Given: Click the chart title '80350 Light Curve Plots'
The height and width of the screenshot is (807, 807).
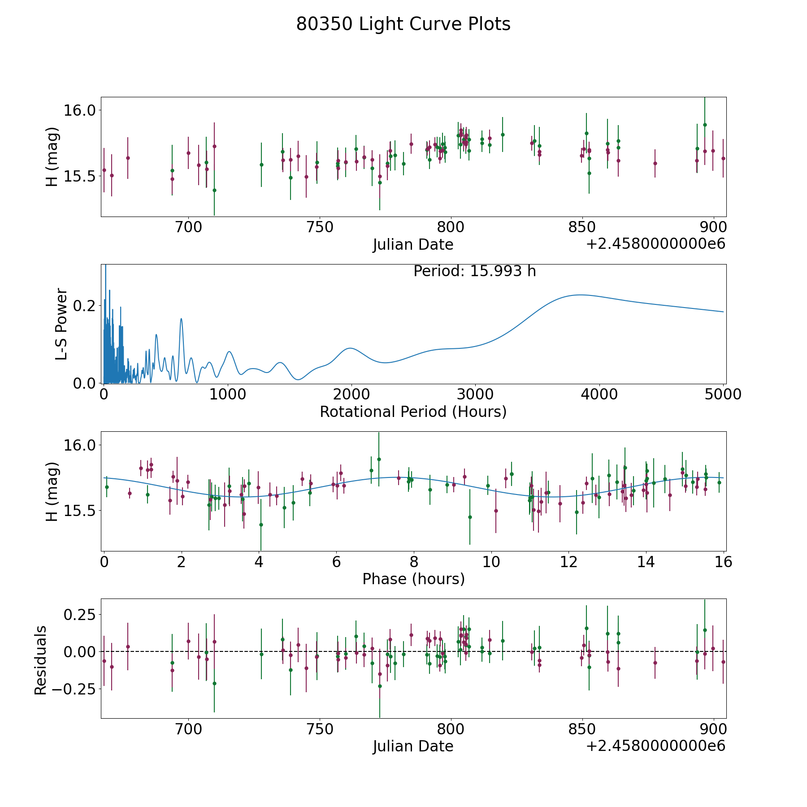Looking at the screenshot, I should [403, 24].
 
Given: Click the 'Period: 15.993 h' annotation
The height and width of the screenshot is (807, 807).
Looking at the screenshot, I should [474, 271].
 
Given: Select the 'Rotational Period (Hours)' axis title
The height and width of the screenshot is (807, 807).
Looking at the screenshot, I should [413, 412].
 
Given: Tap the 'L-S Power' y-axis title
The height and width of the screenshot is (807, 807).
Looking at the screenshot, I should [61, 324].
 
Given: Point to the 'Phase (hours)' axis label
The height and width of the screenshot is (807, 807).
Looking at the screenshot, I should [413, 579].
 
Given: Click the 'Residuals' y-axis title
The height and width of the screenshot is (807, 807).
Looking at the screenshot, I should [40, 660].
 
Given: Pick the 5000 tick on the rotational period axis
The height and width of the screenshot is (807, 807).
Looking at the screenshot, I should [723, 395].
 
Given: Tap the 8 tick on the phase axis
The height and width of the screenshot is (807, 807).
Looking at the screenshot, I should [414, 562].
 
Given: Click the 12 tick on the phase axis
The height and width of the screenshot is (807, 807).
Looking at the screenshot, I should [568, 562].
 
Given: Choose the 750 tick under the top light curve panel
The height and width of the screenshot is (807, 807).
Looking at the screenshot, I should [320, 227].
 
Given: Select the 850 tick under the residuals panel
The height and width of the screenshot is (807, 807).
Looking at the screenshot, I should [582, 729].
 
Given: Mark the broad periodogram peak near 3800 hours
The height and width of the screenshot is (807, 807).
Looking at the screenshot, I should [581, 295].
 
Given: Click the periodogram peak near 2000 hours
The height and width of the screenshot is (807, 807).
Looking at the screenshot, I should [351, 348].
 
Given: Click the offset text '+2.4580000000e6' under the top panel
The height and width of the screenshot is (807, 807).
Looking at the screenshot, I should [655, 244].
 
